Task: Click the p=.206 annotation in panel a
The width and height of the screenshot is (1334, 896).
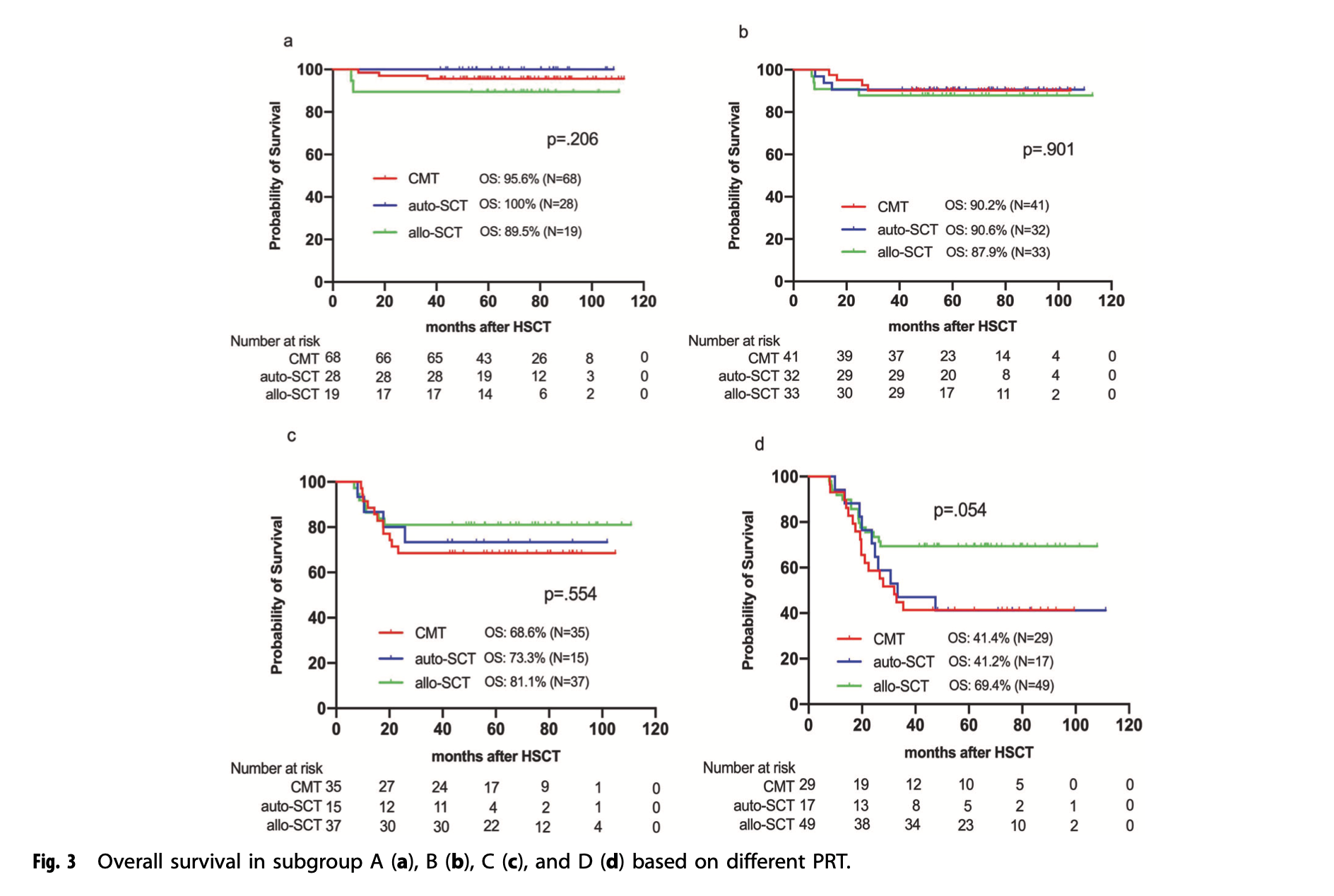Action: click(572, 139)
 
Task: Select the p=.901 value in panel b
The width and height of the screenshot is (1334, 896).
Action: click(1048, 150)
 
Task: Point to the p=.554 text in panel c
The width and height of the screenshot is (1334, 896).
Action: click(570, 594)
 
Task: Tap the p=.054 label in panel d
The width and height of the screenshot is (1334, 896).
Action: click(960, 510)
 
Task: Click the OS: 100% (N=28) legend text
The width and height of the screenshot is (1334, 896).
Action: click(529, 204)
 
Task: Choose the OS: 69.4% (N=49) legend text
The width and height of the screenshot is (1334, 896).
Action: click(1001, 685)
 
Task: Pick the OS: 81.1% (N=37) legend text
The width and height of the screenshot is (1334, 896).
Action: click(536, 682)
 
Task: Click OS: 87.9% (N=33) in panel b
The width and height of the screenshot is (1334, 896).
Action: click(998, 252)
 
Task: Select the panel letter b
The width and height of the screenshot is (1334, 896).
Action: click(743, 32)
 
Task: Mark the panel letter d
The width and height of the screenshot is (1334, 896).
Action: click(759, 444)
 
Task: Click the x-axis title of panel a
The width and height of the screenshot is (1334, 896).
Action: click(488, 326)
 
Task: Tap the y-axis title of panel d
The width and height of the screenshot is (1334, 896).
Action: click(748, 590)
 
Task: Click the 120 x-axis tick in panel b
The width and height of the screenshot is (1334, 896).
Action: click(1111, 301)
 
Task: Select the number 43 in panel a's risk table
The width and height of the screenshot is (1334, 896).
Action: click(483, 358)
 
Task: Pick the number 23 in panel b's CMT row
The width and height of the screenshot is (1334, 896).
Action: click(948, 356)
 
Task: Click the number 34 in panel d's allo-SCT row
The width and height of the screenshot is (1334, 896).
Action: click(912, 825)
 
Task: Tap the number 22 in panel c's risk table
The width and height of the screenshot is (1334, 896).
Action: click(491, 825)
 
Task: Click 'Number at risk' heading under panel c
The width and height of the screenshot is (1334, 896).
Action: click(276, 768)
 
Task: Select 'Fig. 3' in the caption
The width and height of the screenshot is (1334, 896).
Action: click(54, 862)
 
